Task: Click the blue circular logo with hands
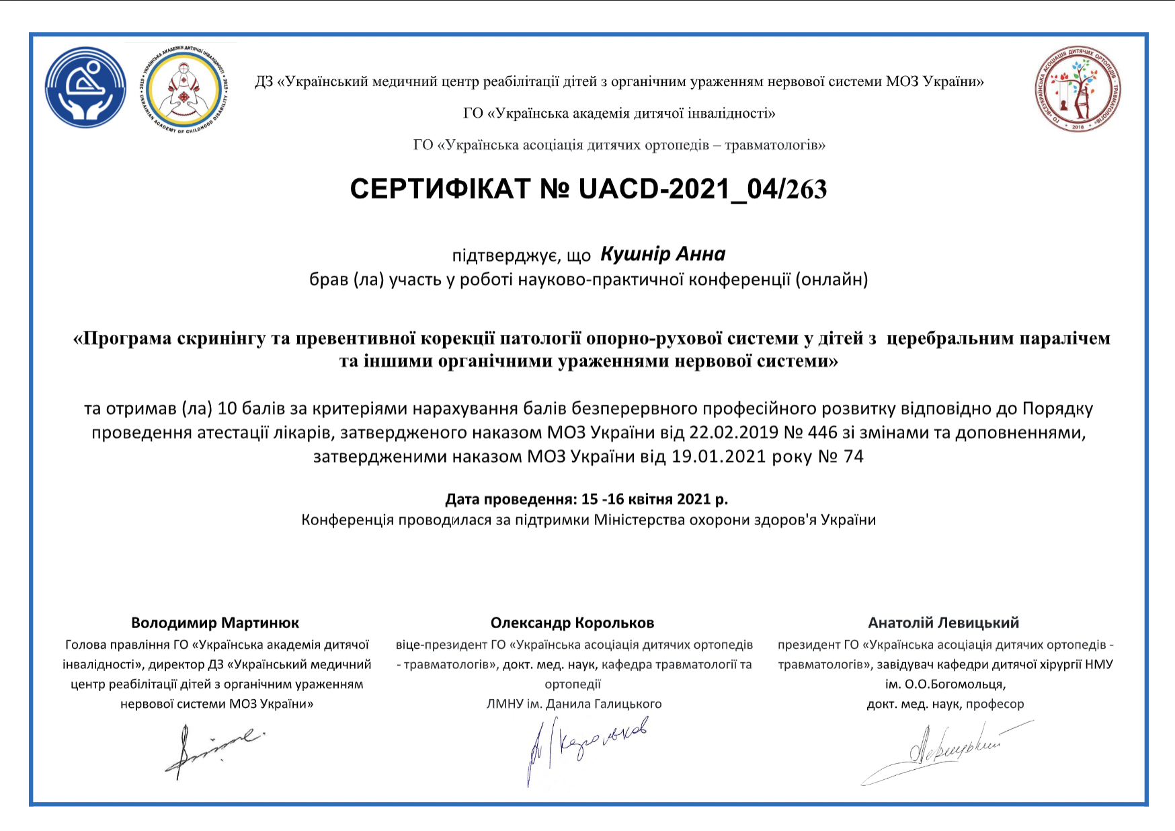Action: click(85, 87)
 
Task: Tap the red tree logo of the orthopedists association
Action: click(1078, 89)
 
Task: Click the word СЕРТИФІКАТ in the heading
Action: click(440, 190)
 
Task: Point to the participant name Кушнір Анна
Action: click(663, 254)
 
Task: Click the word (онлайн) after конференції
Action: click(832, 279)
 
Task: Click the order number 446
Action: click(823, 432)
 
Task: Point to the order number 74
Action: click(853, 457)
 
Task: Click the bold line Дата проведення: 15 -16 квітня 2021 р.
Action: click(586, 499)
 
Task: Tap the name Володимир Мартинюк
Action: click(215, 623)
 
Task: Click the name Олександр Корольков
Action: click(572, 623)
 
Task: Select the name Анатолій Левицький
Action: click(943, 623)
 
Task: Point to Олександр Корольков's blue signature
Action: click(586, 746)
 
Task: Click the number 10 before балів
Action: click(228, 408)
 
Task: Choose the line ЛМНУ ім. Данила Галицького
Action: click(574, 704)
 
